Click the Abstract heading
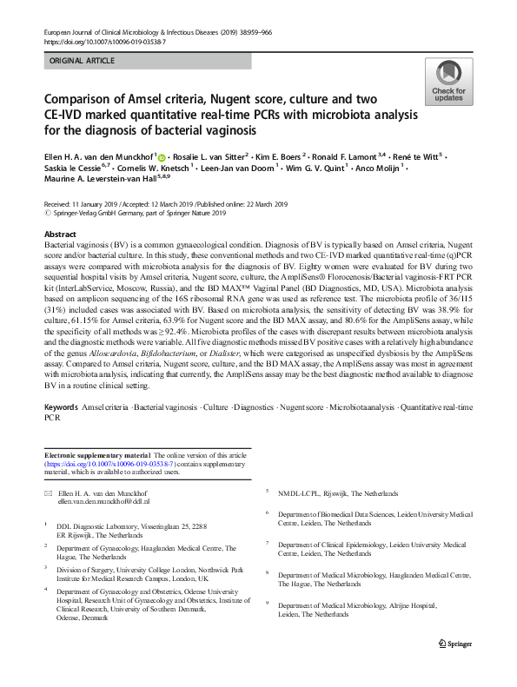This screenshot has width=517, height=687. click(x=60, y=235)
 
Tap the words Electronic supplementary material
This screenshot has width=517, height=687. click(x=96, y=455)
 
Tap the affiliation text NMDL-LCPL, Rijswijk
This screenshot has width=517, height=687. click(x=329, y=492)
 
